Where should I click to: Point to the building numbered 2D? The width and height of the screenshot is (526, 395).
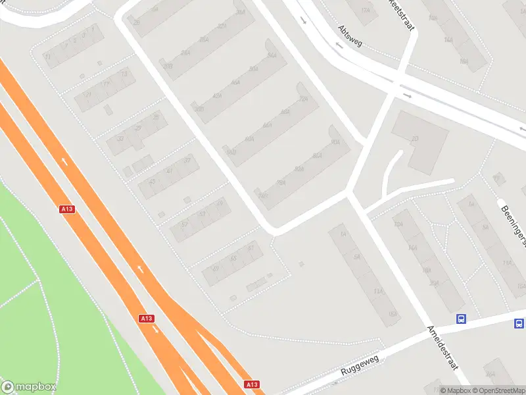coord(414,138)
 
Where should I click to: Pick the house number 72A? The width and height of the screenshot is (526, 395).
coord(303,99)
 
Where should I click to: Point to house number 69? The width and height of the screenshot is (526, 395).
coord(215,269)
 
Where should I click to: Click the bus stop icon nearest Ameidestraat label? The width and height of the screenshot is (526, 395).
coord(461,319)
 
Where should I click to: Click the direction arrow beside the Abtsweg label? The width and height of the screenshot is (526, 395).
coord(339,45)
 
